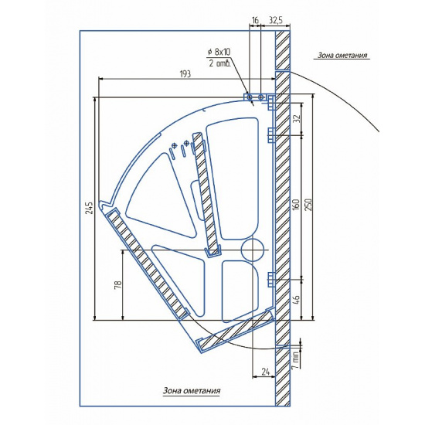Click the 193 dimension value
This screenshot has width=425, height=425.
185,73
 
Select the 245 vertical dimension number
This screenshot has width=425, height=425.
90,208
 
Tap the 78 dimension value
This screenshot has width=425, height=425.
118,284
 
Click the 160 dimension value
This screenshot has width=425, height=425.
296,205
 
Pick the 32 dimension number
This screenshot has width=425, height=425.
297,118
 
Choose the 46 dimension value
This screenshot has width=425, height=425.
297,300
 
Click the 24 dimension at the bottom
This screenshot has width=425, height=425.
265,372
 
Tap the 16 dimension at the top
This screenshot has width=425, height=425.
255,20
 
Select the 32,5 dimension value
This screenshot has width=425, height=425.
276,20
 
